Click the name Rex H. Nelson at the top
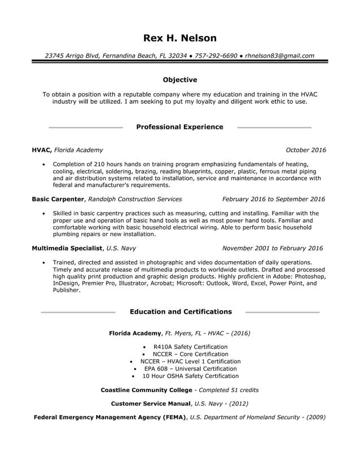(180, 38)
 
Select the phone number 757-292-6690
(215, 56)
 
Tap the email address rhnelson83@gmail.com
(280, 56)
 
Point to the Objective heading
(180, 80)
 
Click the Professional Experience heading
(180, 127)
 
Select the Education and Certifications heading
(181, 311)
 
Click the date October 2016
(306, 150)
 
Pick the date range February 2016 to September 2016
(274, 199)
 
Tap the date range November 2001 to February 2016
(273, 248)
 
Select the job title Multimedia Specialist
(67, 248)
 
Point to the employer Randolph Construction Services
(135, 199)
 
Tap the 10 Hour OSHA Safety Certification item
(190, 376)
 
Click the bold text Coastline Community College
(146, 390)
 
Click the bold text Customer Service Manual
(151, 404)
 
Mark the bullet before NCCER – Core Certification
(146, 354)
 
